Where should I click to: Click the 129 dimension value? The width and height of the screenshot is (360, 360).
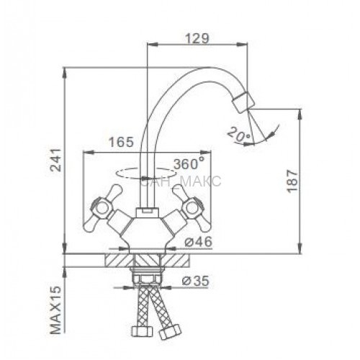(x=197, y=39)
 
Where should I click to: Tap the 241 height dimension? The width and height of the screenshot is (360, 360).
(x=56, y=160)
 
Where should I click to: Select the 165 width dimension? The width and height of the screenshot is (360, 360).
(x=121, y=142)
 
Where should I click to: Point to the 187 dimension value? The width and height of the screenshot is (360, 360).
(x=292, y=181)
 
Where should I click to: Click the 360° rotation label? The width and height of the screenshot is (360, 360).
(x=189, y=164)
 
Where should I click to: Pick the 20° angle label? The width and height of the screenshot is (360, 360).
(x=239, y=134)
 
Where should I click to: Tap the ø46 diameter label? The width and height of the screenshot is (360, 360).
(x=199, y=242)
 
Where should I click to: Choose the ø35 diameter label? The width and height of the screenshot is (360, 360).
(x=196, y=281)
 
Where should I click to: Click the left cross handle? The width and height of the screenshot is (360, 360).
(x=102, y=208)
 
